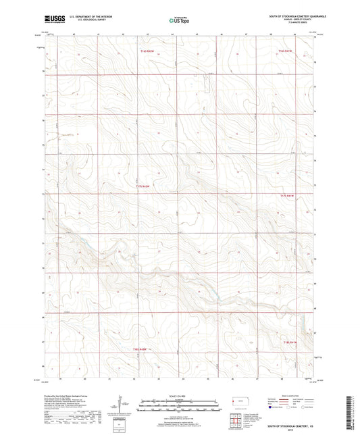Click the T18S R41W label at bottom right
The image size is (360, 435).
[290, 344]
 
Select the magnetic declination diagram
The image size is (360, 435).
[120, 407]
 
